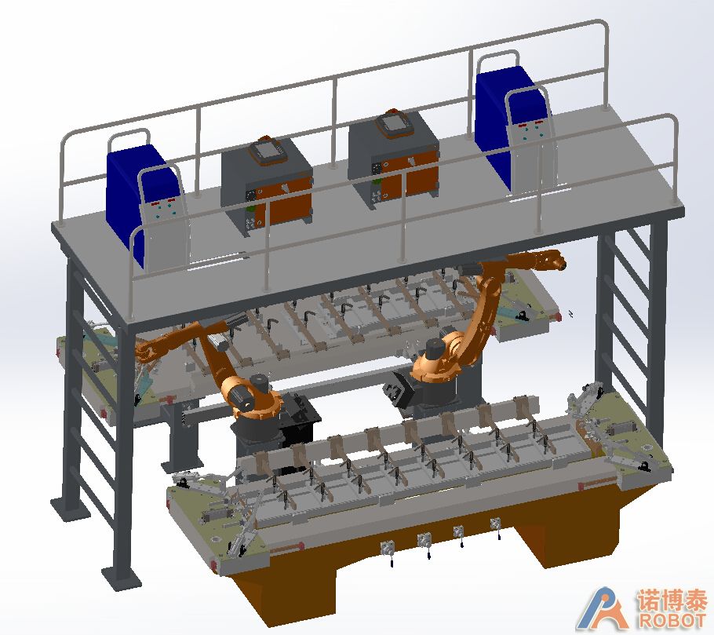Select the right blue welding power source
[x=515, y=127]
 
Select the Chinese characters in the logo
[x=672, y=600]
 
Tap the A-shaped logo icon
[x=604, y=608]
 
